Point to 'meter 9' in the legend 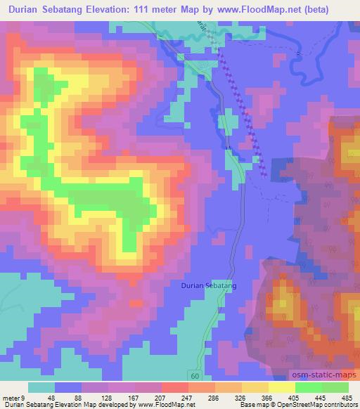click(x=14, y=397)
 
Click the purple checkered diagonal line click(x=243, y=110)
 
